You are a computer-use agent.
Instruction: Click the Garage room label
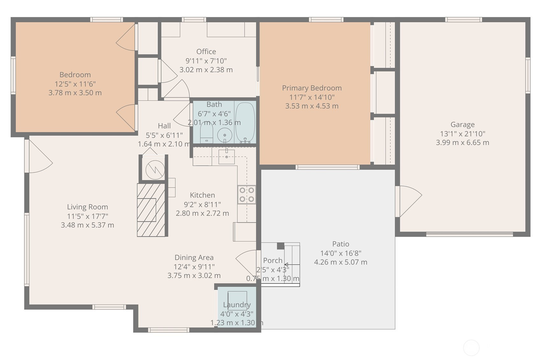pos(463,124)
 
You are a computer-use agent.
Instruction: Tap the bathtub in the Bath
pos(245,122)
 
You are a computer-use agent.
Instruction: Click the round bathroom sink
pos(225,136)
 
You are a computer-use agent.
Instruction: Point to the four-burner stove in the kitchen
pos(247,195)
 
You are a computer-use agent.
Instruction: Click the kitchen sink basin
pos(227,157)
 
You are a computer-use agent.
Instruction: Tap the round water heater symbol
pos(155,170)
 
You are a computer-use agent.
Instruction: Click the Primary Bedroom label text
pos(312,88)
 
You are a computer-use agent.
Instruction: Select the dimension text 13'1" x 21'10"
pos(463,134)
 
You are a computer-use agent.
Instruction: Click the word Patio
pos(341,244)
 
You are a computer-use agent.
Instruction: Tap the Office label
pos(206,52)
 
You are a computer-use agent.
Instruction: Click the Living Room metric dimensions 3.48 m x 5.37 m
pos(87,225)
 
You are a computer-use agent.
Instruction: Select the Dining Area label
pos(194,258)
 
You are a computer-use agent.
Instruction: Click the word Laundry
pos(237,305)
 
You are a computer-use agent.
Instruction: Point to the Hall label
pos(164,126)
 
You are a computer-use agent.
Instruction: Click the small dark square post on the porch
pos(280,246)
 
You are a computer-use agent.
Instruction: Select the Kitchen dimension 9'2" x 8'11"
pos(202,204)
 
